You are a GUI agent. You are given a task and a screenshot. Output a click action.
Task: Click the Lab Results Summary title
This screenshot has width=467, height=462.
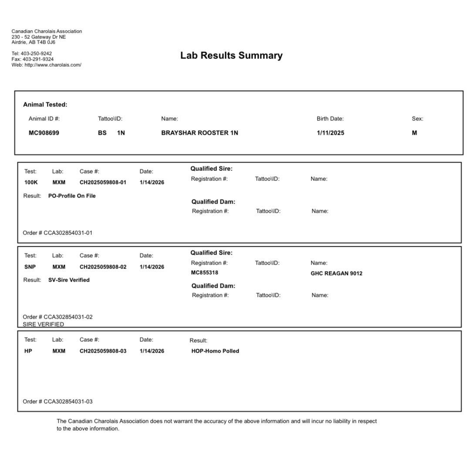(x=231, y=56)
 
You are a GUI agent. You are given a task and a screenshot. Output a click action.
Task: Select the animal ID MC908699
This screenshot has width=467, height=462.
(x=44, y=133)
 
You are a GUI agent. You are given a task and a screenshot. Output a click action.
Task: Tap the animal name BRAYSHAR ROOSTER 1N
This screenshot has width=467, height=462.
(x=200, y=133)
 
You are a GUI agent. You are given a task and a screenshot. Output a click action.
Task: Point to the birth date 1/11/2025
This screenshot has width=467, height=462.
(x=330, y=133)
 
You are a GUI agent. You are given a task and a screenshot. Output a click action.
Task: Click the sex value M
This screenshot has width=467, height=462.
(x=414, y=133)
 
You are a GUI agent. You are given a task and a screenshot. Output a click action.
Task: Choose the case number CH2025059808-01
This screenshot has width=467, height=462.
(x=103, y=183)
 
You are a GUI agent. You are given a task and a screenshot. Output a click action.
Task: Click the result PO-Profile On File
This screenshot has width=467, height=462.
(x=72, y=196)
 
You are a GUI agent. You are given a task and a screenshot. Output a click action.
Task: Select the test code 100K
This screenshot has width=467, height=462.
(x=31, y=183)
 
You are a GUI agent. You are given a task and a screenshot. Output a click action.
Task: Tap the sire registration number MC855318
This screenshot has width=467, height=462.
(x=205, y=273)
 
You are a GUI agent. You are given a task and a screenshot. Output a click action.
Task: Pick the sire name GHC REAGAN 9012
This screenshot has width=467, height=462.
(x=336, y=274)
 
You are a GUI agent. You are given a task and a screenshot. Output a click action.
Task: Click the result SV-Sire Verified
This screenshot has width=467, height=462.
(x=69, y=280)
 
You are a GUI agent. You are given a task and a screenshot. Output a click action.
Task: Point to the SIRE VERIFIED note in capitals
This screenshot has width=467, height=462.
(x=43, y=324)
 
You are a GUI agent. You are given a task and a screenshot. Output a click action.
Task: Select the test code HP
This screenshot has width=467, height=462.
(x=28, y=351)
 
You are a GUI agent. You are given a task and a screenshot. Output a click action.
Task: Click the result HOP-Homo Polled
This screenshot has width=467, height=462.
(x=215, y=351)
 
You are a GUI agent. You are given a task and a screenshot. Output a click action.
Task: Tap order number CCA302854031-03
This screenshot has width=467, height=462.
(x=68, y=401)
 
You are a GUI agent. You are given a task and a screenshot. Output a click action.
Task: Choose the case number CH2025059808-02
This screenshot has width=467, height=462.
(x=103, y=267)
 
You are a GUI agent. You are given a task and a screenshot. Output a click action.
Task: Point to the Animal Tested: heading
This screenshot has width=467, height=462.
(x=45, y=105)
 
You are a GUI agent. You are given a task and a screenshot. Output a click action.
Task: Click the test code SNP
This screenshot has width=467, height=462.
(x=30, y=267)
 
